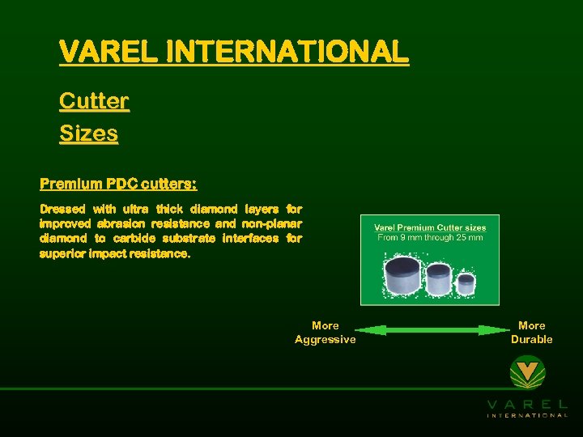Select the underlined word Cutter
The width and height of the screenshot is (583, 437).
(94, 102)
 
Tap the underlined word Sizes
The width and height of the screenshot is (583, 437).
(88, 134)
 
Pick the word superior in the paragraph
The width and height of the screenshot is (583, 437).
(65, 254)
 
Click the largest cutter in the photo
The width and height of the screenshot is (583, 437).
(402, 276)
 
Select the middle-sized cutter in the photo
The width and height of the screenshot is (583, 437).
(439, 279)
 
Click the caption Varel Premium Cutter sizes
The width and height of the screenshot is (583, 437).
(429, 227)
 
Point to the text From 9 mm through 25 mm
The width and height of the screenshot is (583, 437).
(429, 238)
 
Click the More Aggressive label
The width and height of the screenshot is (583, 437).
(325, 333)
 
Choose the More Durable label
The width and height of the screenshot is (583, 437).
(531, 333)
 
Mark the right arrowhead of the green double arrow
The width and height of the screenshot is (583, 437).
(496, 330)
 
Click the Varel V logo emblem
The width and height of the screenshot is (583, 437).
(527, 374)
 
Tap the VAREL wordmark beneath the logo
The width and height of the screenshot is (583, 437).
(527, 404)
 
